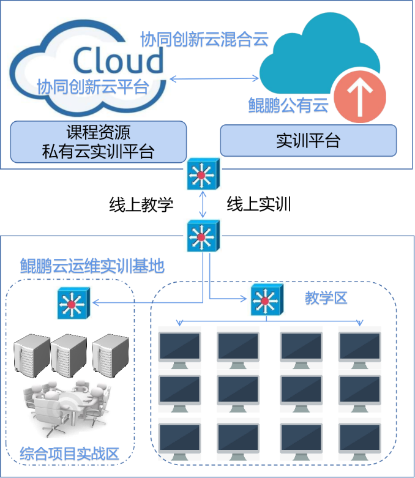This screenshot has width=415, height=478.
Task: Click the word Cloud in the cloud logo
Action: [x=118, y=61]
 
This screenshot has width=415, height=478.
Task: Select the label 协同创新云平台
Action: [x=92, y=86]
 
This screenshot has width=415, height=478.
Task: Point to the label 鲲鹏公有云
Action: [x=288, y=105]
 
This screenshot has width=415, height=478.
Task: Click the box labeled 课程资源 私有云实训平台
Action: [x=98, y=141]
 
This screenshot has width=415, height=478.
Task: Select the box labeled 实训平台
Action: [x=308, y=141]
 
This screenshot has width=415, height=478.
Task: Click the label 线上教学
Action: [x=141, y=204]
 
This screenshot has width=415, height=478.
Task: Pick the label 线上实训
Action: [x=258, y=204]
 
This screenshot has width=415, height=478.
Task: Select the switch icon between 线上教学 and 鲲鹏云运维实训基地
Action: [x=202, y=235]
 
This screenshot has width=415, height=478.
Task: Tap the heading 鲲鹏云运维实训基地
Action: [x=92, y=266]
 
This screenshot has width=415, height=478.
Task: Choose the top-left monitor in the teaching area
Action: [x=179, y=348]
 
